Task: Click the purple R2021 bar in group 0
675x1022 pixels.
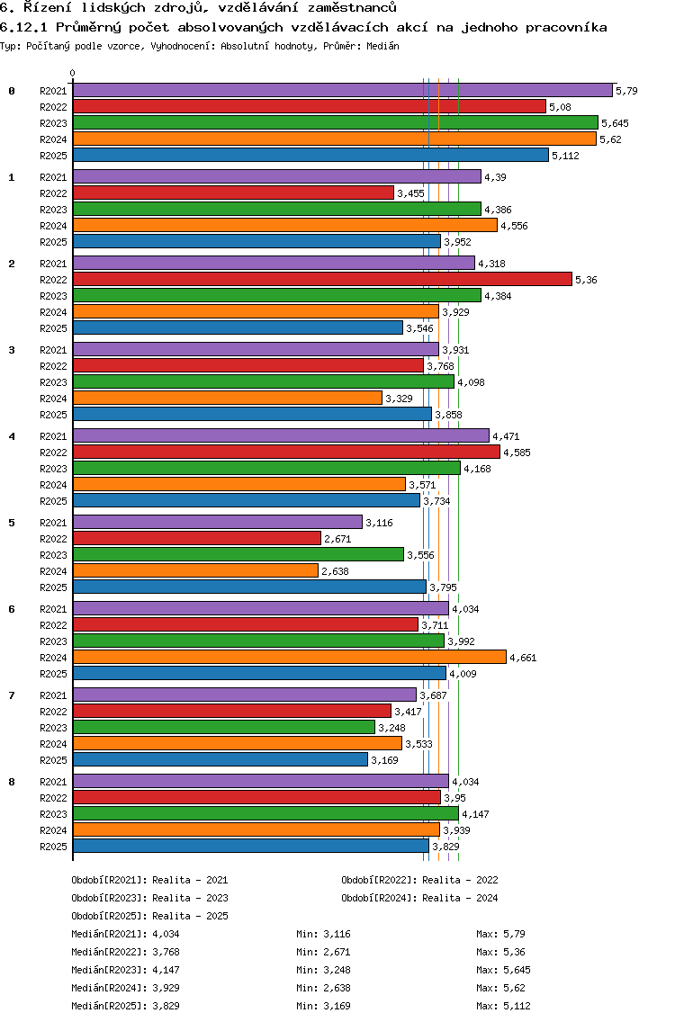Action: pyautogui.click(x=342, y=90)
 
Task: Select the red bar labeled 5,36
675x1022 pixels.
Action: pyautogui.click(x=322, y=279)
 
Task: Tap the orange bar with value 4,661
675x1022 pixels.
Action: pyautogui.click(x=289, y=657)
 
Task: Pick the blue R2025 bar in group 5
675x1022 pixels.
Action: pyautogui.click(x=249, y=587)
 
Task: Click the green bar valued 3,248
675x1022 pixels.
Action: pyautogui.click(x=223, y=727)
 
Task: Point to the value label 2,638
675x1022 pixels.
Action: pyautogui.click(x=335, y=571)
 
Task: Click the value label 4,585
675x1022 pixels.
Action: pyautogui.click(x=517, y=453)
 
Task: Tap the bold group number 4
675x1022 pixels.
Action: pyautogui.click(x=12, y=436)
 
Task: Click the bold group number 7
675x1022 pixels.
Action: pyautogui.click(x=12, y=695)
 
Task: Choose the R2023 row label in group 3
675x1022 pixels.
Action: pyautogui.click(x=54, y=382)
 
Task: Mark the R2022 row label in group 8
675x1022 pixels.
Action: pyautogui.click(x=54, y=798)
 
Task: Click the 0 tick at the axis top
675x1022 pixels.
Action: pyautogui.click(x=73, y=73)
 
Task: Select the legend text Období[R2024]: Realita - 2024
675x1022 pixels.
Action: pyautogui.click(x=419, y=898)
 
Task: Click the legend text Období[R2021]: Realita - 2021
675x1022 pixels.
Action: pyautogui.click(x=149, y=880)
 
